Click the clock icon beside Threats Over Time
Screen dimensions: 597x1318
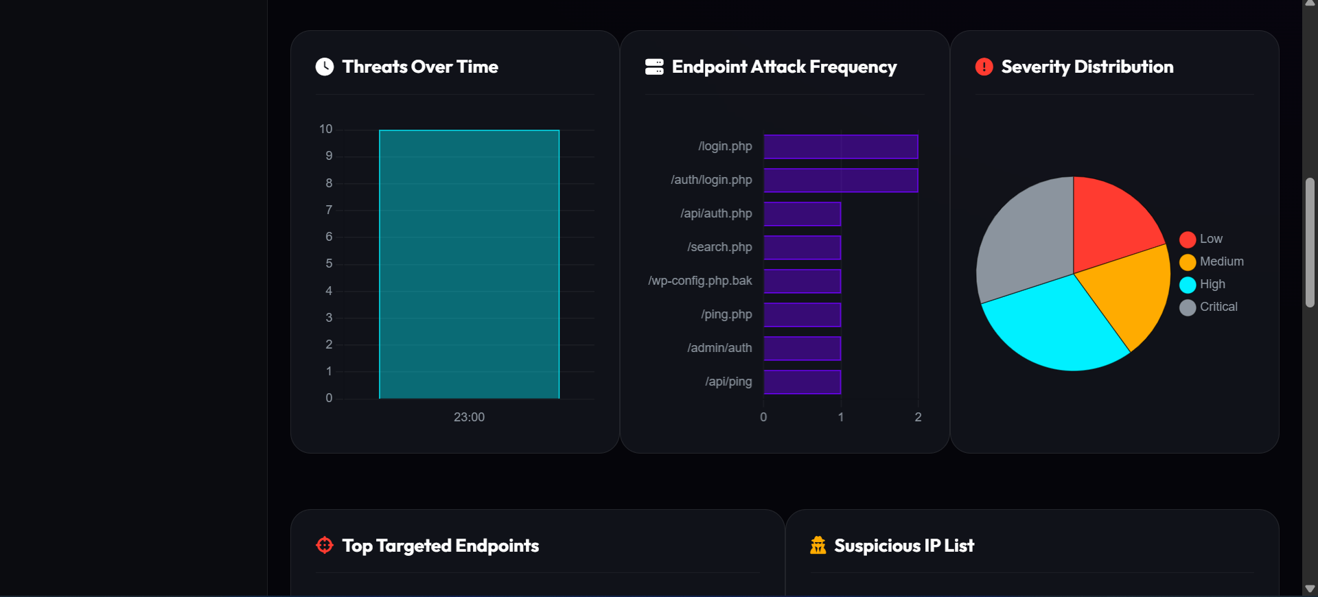point(324,67)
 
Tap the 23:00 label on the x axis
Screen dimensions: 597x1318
point(469,417)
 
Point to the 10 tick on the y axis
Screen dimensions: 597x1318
point(325,129)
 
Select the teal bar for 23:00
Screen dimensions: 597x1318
point(469,264)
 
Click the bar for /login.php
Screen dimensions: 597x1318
point(840,147)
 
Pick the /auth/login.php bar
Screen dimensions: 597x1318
point(840,180)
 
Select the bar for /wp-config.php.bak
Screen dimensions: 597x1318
point(802,281)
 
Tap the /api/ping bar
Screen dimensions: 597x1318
point(802,382)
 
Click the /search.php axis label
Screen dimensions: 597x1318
point(719,247)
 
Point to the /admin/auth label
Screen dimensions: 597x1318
point(719,348)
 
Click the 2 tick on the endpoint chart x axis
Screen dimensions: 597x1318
point(918,417)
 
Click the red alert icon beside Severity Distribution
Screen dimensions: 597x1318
point(984,67)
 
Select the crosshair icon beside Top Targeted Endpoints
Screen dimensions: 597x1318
point(324,546)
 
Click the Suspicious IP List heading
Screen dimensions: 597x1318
point(903,546)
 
